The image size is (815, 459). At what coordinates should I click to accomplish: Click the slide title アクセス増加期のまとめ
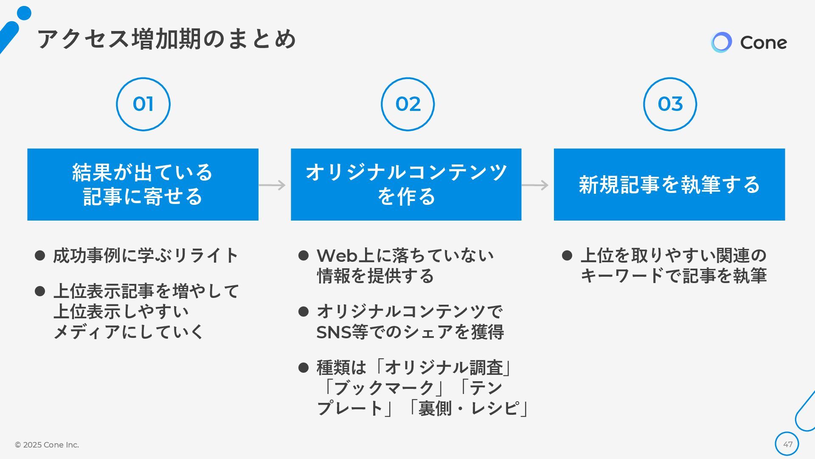tap(166, 39)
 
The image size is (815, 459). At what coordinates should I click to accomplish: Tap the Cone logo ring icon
tap(721, 42)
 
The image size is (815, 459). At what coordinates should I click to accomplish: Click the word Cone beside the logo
tap(763, 42)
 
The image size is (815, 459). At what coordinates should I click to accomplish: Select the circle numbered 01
tap(143, 104)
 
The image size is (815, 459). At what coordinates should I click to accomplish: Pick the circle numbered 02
tap(407, 104)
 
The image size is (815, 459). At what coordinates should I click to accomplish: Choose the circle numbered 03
tap(670, 104)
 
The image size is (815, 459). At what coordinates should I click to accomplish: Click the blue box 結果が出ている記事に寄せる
tap(143, 184)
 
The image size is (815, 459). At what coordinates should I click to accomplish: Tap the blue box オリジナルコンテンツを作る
tap(406, 184)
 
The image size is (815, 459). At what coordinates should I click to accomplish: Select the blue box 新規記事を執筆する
tap(669, 184)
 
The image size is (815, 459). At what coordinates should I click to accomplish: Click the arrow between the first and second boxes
tap(273, 185)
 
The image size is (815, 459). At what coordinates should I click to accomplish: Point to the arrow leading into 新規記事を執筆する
tap(535, 185)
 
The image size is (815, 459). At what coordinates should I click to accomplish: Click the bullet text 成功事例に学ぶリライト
tap(146, 256)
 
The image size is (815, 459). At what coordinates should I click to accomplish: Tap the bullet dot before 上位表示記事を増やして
tap(40, 292)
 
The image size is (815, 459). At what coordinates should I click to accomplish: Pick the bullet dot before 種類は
tap(304, 368)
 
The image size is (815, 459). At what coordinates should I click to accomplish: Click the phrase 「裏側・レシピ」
tap(467, 408)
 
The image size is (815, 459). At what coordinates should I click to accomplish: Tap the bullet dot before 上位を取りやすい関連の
tap(567, 255)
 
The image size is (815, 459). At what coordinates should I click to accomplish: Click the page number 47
tap(787, 445)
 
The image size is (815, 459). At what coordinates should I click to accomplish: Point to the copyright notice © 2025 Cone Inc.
tap(47, 445)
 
